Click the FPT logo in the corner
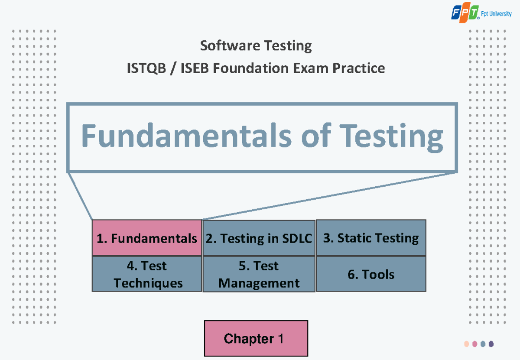point(465,13)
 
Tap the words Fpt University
point(497,14)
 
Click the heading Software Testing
point(256,45)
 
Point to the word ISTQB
point(146,68)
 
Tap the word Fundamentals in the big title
point(186,136)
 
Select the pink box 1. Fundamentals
point(147,238)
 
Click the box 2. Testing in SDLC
point(259,238)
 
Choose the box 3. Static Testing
point(371,238)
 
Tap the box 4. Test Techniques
point(147,274)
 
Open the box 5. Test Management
point(259,274)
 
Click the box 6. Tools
point(371,274)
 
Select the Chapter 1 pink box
point(256,338)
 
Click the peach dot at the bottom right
point(467,344)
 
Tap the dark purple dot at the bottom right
point(491,344)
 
